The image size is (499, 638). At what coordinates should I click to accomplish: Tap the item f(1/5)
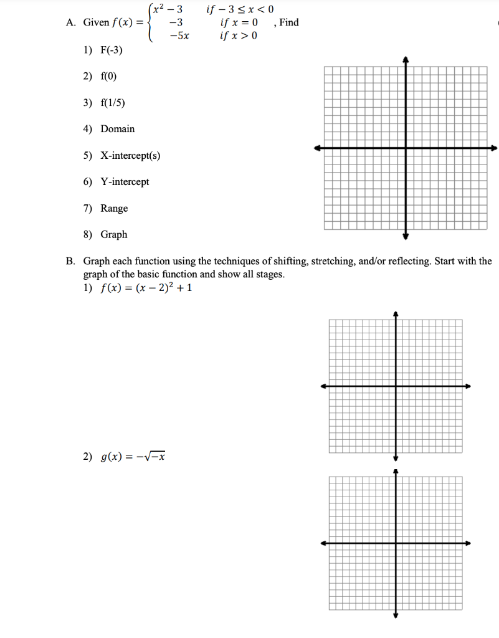[113, 102]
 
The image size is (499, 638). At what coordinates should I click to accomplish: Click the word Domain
[117, 129]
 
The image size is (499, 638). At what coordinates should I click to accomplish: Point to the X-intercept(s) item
[130, 155]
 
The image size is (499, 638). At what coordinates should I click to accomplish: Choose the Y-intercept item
[125, 182]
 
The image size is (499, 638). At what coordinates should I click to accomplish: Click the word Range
[114, 208]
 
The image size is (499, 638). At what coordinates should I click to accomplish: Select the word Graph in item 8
[113, 235]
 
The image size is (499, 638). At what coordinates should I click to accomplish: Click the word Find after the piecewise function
[289, 22]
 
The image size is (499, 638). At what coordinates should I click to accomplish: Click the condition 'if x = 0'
[239, 22]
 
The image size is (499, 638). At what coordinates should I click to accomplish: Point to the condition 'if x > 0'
[239, 36]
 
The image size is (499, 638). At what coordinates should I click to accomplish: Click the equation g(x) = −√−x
[132, 457]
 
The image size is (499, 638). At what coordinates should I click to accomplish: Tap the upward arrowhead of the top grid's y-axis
[406, 59]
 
